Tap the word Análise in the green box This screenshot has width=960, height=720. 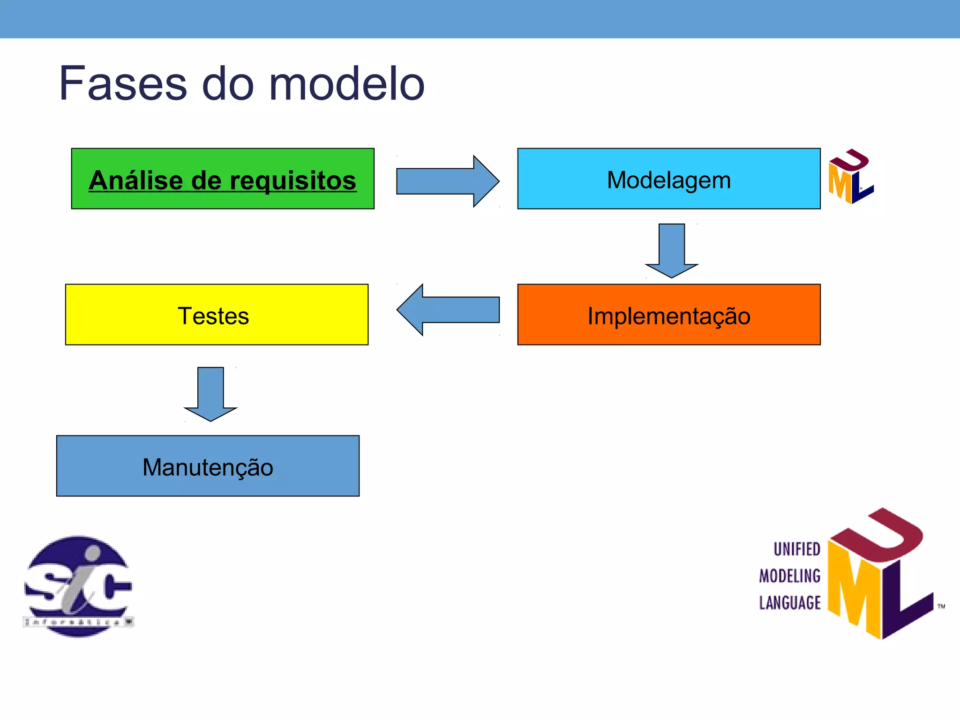136,180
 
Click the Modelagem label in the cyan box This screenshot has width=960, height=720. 668,180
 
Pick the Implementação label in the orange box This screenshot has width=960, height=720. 668,316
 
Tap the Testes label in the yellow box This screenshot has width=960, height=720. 213,316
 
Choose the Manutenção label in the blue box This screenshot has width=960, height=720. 208,467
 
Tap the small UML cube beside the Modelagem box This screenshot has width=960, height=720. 850,177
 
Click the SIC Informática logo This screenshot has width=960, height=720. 78,586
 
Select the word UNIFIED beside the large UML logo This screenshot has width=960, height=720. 796,549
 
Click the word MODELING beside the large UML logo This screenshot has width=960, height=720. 790,576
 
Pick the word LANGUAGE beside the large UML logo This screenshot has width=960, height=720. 790,603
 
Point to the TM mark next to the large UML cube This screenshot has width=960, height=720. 941,607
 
